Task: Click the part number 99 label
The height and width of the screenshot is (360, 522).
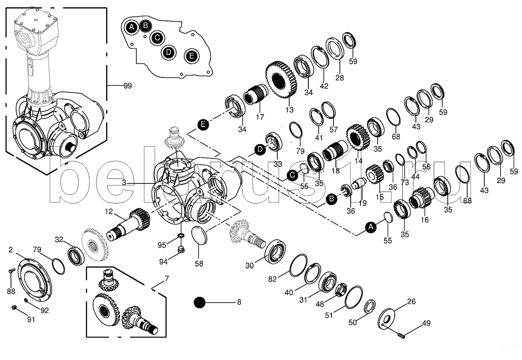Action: pyautogui.click(x=128, y=86)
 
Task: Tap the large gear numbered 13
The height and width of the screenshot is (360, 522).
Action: pyautogui.click(x=282, y=80)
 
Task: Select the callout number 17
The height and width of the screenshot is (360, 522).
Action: pyautogui.click(x=260, y=117)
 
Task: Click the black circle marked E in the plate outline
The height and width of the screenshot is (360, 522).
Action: pyautogui.click(x=191, y=56)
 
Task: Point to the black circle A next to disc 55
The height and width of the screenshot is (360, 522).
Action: pyautogui.click(x=370, y=227)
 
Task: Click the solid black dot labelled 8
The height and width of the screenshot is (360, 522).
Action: pyautogui.click(x=200, y=303)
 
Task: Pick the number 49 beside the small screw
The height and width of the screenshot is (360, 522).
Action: pyautogui.click(x=427, y=323)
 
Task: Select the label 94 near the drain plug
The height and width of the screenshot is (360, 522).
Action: pyautogui.click(x=163, y=262)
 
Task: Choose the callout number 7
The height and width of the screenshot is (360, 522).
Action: pyautogui.click(x=166, y=278)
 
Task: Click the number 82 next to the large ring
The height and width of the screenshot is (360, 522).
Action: pyautogui.click(x=273, y=279)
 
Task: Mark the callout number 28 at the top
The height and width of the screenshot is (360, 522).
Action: pyautogui.click(x=339, y=78)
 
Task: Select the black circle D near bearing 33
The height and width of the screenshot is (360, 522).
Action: pyautogui.click(x=260, y=150)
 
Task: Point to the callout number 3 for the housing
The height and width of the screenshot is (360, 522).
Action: pyautogui.click(x=124, y=183)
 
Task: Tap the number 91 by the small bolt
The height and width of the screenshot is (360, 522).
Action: pyautogui.click(x=30, y=319)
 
